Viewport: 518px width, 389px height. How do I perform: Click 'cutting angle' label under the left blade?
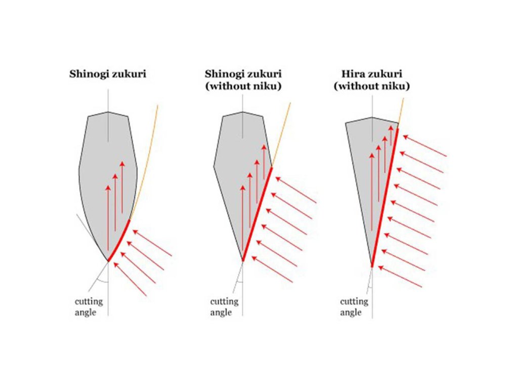(89, 307)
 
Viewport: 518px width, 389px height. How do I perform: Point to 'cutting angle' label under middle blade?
(225, 307)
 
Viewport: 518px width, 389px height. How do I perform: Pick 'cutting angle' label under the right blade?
(354, 307)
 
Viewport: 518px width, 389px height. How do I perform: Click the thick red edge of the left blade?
(119, 241)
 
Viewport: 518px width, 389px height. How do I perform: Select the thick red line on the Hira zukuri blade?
(385, 198)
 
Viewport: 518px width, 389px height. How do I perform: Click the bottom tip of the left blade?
(108, 261)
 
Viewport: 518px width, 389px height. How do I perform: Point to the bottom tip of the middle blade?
(243, 261)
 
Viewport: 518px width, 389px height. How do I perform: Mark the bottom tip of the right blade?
(372, 266)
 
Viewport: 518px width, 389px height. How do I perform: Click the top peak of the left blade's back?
(108, 112)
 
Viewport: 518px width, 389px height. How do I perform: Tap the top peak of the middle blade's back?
(243, 112)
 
